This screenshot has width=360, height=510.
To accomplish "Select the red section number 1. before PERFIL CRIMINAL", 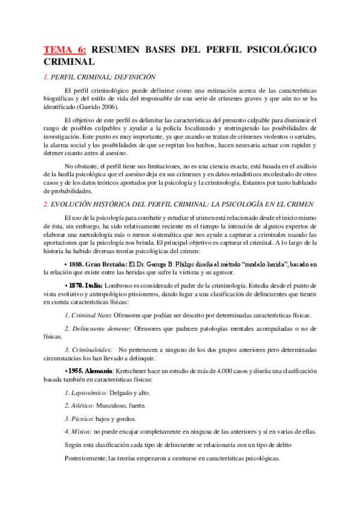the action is click(46, 77).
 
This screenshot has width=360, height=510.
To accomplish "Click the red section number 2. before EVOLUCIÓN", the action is click(46, 204).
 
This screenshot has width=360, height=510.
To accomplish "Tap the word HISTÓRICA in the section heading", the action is click(120, 204).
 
